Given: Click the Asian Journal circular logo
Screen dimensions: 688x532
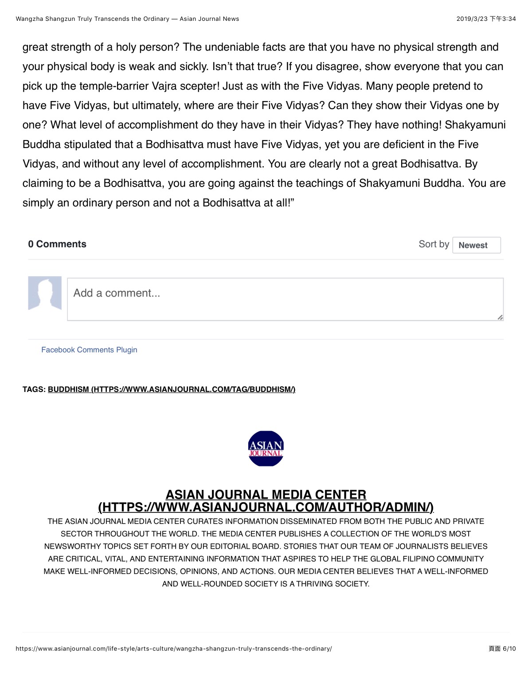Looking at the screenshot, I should click(x=266, y=448).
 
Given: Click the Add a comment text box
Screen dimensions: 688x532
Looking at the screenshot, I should click(x=285, y=299).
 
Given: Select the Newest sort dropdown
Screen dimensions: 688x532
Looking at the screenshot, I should click(x=476, y=245).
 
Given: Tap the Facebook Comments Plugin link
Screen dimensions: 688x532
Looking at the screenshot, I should click(x=89, y=350).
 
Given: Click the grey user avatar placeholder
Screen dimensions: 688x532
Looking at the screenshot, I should click(x=45, y=293).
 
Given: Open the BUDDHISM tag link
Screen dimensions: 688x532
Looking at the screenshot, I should click(x=172, y=389).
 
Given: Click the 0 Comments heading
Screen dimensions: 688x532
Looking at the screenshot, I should click(x=57, y=244).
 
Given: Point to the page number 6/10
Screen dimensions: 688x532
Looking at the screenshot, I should click(x=503, y=649).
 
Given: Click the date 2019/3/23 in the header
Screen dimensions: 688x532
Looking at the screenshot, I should click(x=472, y=19).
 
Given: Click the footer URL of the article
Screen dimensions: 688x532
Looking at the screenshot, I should click(x=174, y=649).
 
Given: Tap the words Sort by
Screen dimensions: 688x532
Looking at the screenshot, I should click(x=434, y=244).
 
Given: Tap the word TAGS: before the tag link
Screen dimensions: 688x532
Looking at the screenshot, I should click(x=34, y=389).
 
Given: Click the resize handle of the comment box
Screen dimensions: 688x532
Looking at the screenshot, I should click(x=500, y=317).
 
